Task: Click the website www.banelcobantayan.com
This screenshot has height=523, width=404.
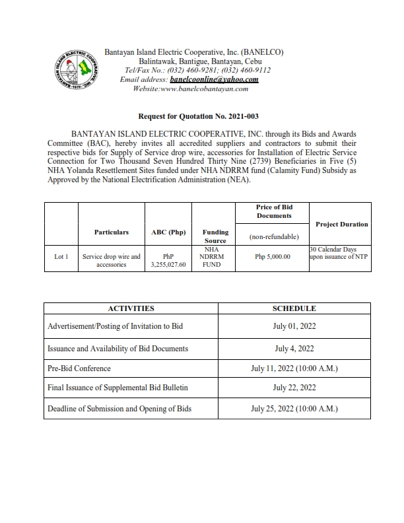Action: [x=190, y=88]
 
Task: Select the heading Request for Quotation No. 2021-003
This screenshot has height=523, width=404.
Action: [x=202, y=115]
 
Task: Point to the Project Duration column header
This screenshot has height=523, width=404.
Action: [x=341, y=224]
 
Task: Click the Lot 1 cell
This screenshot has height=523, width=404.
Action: [x=61, y=256]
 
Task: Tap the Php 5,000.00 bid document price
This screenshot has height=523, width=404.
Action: [x=273, y=256]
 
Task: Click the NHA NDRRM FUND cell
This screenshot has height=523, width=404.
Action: [x=215, y=256]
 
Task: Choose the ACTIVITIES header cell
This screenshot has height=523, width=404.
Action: [x=131, y=308]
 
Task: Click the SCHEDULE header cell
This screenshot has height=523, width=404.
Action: [x=294, y=308]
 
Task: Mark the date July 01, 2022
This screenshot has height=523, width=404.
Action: [x=294, y=326]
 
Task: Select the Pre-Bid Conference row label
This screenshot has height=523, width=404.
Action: [x=79, y=368]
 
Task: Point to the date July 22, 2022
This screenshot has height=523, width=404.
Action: [x=294, y=388]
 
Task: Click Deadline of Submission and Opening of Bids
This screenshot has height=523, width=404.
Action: [x=119, y=409]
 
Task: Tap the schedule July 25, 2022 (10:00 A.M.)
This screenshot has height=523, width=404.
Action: [x=294, y=409]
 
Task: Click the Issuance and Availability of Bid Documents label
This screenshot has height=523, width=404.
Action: [x=118, y=348]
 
